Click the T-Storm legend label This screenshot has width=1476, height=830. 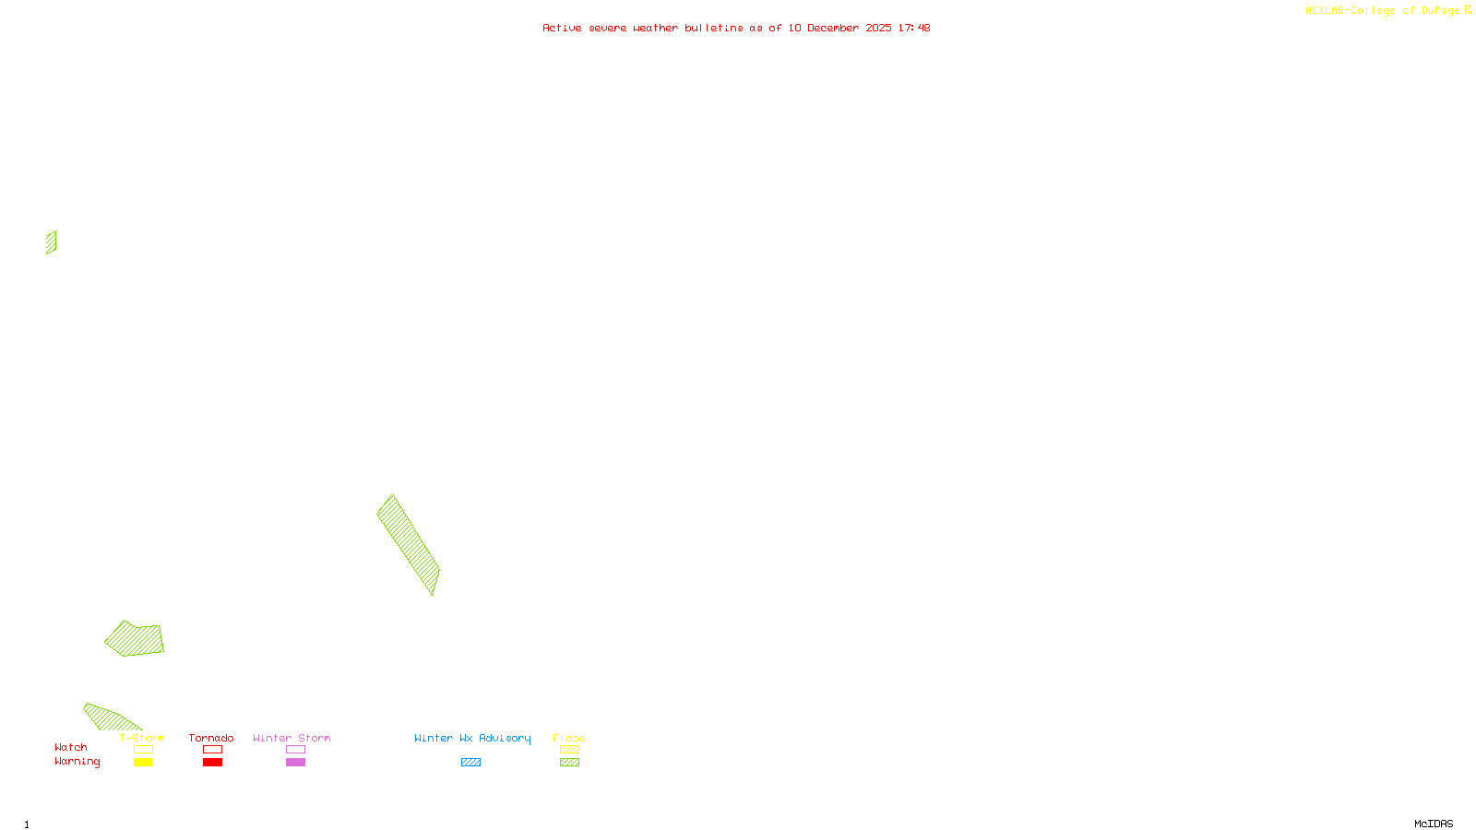point(142,738)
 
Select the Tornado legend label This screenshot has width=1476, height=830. point(211,738)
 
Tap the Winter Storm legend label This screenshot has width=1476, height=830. point(292,738)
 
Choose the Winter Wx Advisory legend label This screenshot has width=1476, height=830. point(472,738)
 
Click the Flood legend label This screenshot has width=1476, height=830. point(569,738)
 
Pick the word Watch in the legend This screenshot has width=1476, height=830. point(71,747)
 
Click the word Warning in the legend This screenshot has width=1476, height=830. point(77,762)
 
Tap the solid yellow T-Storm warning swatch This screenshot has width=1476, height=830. point(143,763)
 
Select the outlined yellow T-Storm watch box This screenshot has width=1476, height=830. point(143,750)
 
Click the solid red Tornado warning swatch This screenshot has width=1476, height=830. point(213,763)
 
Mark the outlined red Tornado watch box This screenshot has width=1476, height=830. point(213,750)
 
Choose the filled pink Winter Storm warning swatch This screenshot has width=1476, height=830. point(295,763)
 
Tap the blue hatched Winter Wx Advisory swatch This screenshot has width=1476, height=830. point(470,763)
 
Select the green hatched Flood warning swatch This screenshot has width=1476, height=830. point(570,763)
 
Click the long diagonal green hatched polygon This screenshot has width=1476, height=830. point(408,543)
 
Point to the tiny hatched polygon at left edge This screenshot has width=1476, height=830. point(52,243)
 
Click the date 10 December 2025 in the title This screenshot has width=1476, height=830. point(839,28)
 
